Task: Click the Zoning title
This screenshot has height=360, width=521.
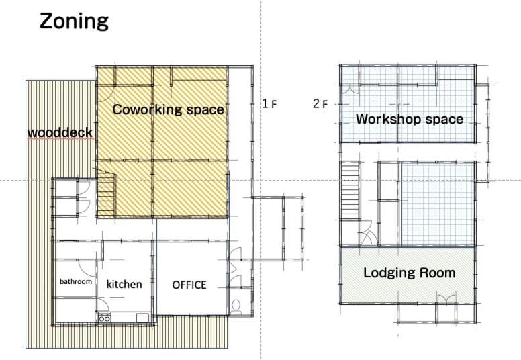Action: click(74, 22)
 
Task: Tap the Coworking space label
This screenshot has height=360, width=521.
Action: click(168, 109)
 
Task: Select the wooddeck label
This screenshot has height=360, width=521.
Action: click(60, 132)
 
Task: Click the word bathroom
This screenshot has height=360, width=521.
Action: click(76, 281)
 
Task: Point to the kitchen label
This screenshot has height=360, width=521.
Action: click(124, 284)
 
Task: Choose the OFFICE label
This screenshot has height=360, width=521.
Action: click(189, 285)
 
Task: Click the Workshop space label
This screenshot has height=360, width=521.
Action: click(410, 119)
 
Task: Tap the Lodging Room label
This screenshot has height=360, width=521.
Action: click(410, 273)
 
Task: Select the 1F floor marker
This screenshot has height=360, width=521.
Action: click(269, 104)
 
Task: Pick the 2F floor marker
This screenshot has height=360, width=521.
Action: click(320, 104)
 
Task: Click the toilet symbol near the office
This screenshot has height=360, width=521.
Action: click(236, 307)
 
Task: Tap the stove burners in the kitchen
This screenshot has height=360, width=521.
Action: click(104, 318)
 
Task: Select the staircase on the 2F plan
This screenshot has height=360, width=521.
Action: click(350, 190)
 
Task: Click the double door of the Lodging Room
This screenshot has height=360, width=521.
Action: click(446, 299)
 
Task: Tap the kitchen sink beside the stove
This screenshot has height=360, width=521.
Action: click(142, 318)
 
